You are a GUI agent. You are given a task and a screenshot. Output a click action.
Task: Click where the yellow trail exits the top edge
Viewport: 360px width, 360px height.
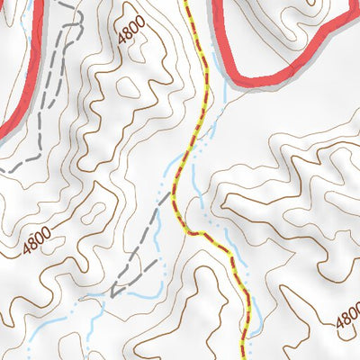(x=188, y=3)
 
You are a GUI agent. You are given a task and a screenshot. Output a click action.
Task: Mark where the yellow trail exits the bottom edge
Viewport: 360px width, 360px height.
(x=244, y=356)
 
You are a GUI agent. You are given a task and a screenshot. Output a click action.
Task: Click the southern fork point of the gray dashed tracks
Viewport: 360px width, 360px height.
(x=114, y=291)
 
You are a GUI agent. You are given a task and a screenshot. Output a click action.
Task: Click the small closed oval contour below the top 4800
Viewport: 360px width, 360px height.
(x=132, y=90)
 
